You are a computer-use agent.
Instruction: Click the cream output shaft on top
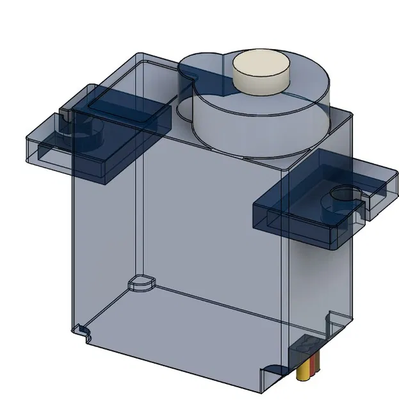(x=259, y=72)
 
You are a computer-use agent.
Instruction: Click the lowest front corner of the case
(x=264, y=388)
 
